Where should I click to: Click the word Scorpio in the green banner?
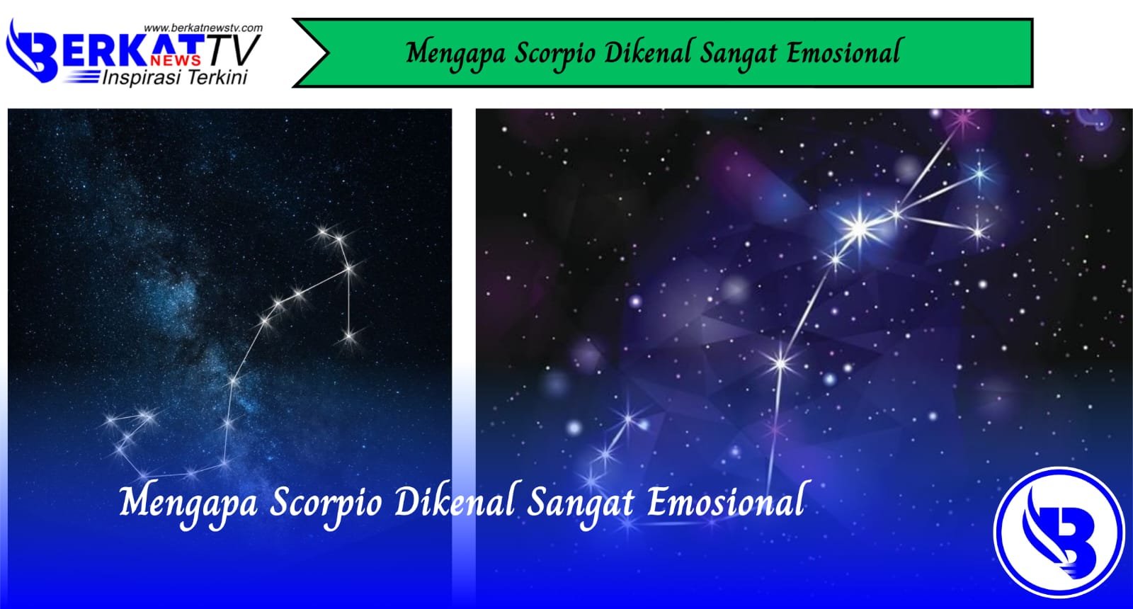554,55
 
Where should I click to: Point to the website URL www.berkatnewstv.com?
203,28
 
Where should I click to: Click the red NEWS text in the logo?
175,60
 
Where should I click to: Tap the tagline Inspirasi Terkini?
175,77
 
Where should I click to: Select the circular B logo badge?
1059,531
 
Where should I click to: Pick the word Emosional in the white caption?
726,501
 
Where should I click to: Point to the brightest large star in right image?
859,227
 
